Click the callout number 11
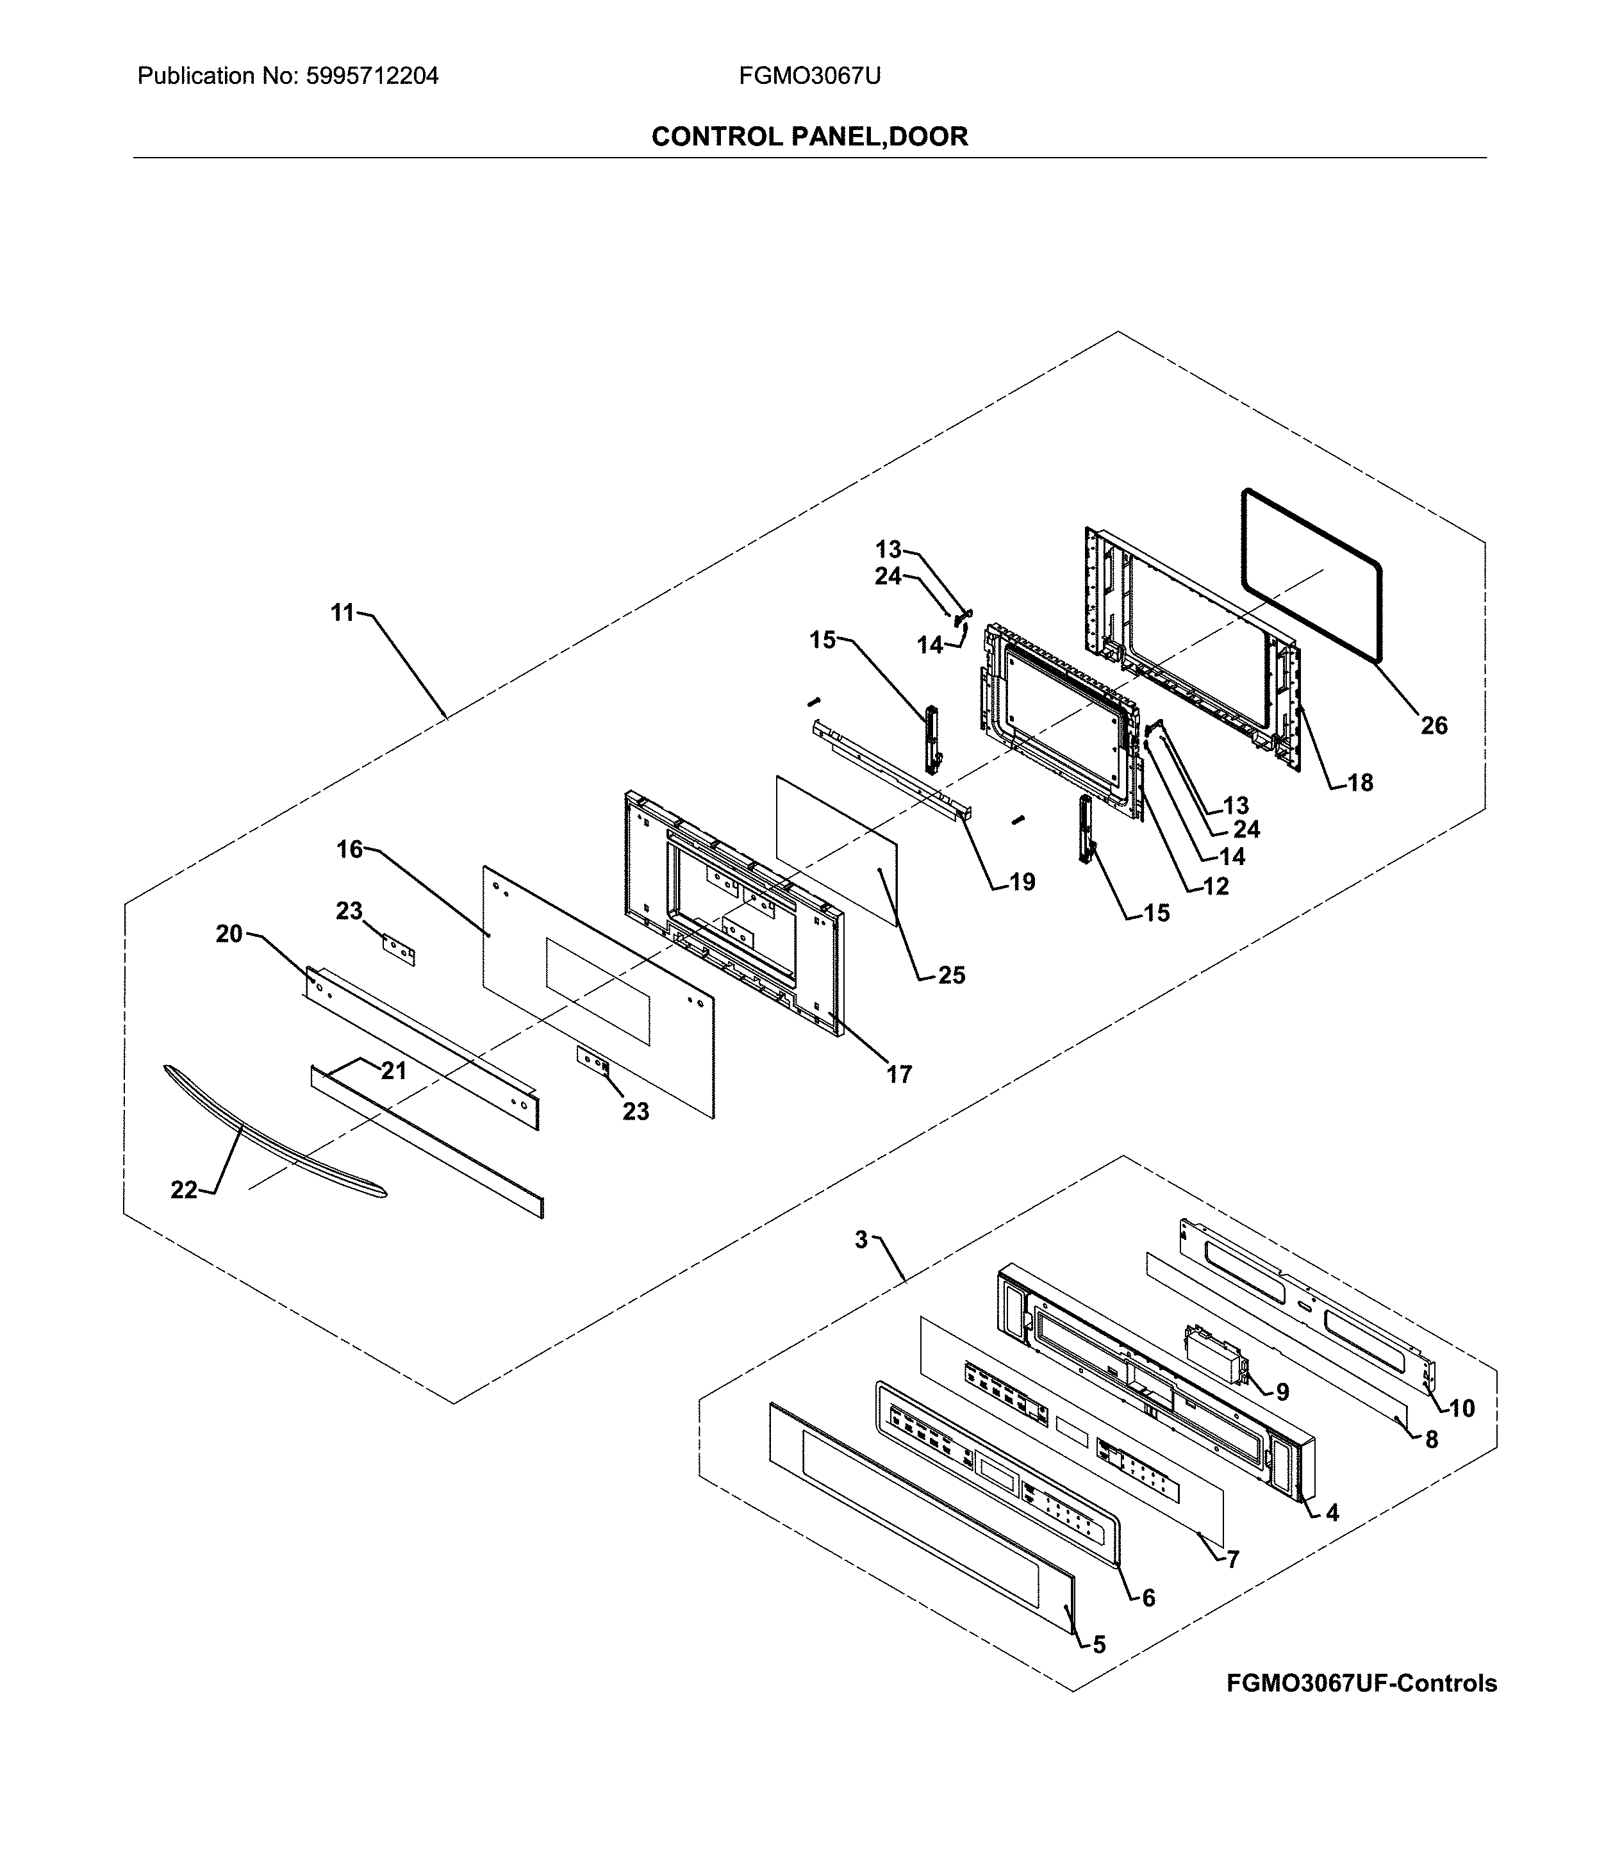click(x=342, y=613)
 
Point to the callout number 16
click(x=349, y=849)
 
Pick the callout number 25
click(x=951, y=975)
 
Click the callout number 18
click(x=1360, y=783)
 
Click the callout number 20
click(x=229, y=933)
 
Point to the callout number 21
click(x=393, y=1071)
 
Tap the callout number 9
click(x=1282, y=1392)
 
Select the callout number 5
click(x=1098, y=1644)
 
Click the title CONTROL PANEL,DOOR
click(x=809, y=136)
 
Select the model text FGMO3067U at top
click(x=809, y=76)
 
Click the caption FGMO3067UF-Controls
click(x=1361, y=1683)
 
